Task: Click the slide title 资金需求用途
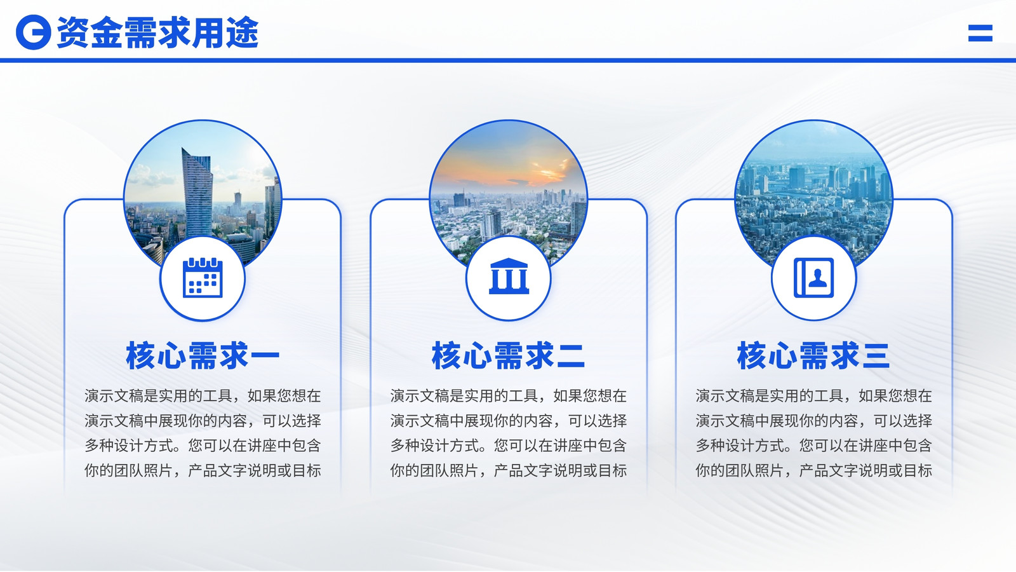tap(158, 32)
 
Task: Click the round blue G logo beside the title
tap(33, 32)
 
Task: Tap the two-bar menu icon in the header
tap(980, 33)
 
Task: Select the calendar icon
tap(203, 277)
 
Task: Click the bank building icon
tap(509, 276)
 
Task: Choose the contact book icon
tap(813, 278)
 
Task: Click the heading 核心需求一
tap(203, 355)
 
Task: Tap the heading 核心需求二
tap(509, 355)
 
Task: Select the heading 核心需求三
tap(813, 355)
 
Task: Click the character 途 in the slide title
tap(242, 32)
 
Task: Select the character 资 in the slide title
tap(74, 32)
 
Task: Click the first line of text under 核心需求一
tap(203, 396)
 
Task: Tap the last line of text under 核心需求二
tap(509, 471)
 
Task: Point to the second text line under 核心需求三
tap(813, 421)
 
